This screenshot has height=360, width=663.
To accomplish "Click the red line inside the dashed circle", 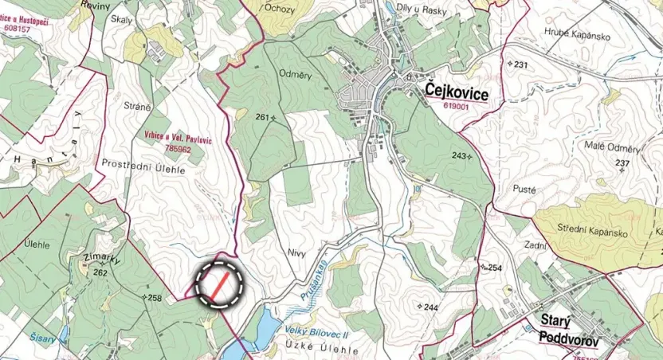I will point(218,283).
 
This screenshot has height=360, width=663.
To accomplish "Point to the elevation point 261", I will point(261,117).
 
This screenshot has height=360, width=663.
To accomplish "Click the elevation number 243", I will point(458,155).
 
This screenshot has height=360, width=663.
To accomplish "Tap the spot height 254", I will point(496,268).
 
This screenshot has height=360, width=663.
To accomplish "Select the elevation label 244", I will point(431,307).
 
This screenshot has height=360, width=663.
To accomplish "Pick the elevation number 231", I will point(521,64).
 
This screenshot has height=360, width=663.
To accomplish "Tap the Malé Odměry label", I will point(613,148).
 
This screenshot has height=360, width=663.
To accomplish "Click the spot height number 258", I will point(155,298).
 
